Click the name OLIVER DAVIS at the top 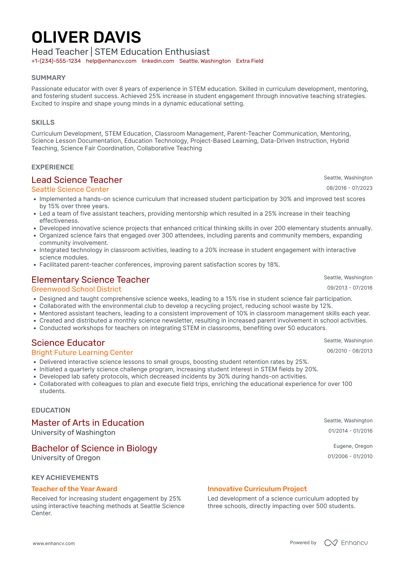86,38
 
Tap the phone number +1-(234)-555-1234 56,61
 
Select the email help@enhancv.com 111,61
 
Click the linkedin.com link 158,61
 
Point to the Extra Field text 250,61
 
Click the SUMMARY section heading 48,78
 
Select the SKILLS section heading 43,122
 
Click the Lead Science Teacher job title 77,180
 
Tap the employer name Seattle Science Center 70,190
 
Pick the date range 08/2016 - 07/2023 349,188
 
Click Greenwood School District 76,289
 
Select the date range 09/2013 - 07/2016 350,288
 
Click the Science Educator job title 68,343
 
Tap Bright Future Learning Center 82,353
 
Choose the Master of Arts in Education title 88,423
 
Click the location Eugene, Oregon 353,446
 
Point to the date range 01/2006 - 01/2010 350,456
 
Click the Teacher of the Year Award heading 74,489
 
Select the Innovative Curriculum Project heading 257,489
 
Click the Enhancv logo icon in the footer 331,543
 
